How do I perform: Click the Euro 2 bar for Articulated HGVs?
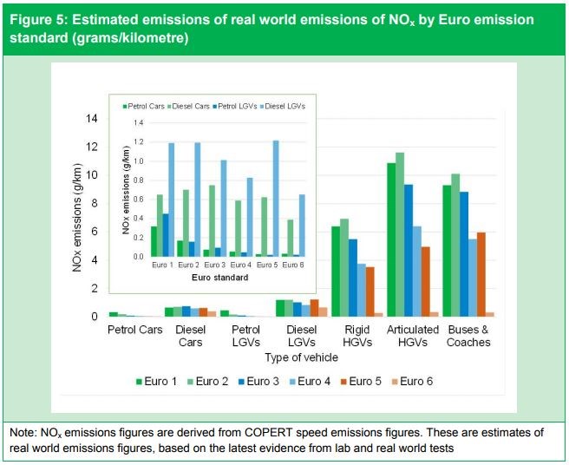400,234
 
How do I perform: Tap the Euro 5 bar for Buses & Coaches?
481,274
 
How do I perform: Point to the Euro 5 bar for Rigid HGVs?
370,291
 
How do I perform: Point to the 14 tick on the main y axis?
92,119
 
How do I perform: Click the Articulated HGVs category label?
413,336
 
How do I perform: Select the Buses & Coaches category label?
469,336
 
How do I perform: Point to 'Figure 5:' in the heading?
40,19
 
